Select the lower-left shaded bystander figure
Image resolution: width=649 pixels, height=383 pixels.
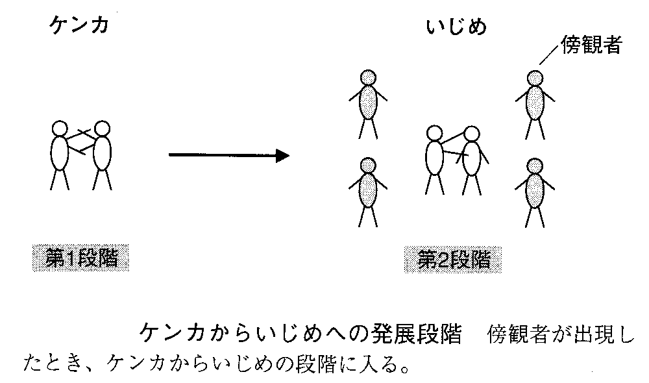(x=368, y=191)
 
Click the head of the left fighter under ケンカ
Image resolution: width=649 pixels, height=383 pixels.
(x=60, y=129)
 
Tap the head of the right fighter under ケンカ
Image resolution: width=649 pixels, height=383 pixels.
(x=101, y=129)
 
